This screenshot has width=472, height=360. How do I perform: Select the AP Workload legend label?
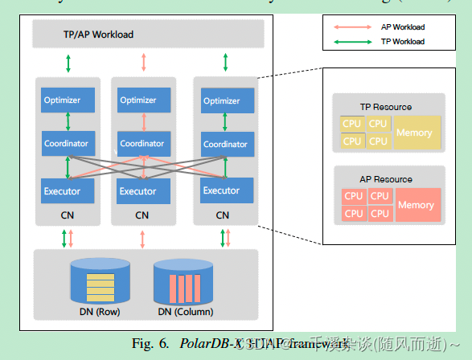(x=402, y=27)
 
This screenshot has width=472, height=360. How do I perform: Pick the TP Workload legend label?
(x=402, y=41)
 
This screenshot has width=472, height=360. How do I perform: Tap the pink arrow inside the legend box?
(x=353, y=27)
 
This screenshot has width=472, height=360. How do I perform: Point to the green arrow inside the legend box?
(x=353, y=41)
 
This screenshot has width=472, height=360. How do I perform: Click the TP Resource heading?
(x=385, y=107)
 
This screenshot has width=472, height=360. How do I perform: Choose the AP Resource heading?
(x=385, y=179)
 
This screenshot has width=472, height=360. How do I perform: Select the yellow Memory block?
(x=414, y=133)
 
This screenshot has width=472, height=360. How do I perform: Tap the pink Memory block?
(x=416, y=205)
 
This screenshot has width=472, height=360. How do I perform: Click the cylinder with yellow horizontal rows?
(x=101, y=280)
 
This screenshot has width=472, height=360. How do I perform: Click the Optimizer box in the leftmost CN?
(x=68, y=100)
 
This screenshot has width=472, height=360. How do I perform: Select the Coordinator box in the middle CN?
(x=142, y=144)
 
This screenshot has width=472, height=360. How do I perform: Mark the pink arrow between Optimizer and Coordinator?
(x=143, y=121)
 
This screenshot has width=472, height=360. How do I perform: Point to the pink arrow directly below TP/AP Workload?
(x=143, y=62)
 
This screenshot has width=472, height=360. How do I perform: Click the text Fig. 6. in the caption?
(x=150, y=344)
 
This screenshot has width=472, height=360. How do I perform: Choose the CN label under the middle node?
(x=142, y=215)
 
